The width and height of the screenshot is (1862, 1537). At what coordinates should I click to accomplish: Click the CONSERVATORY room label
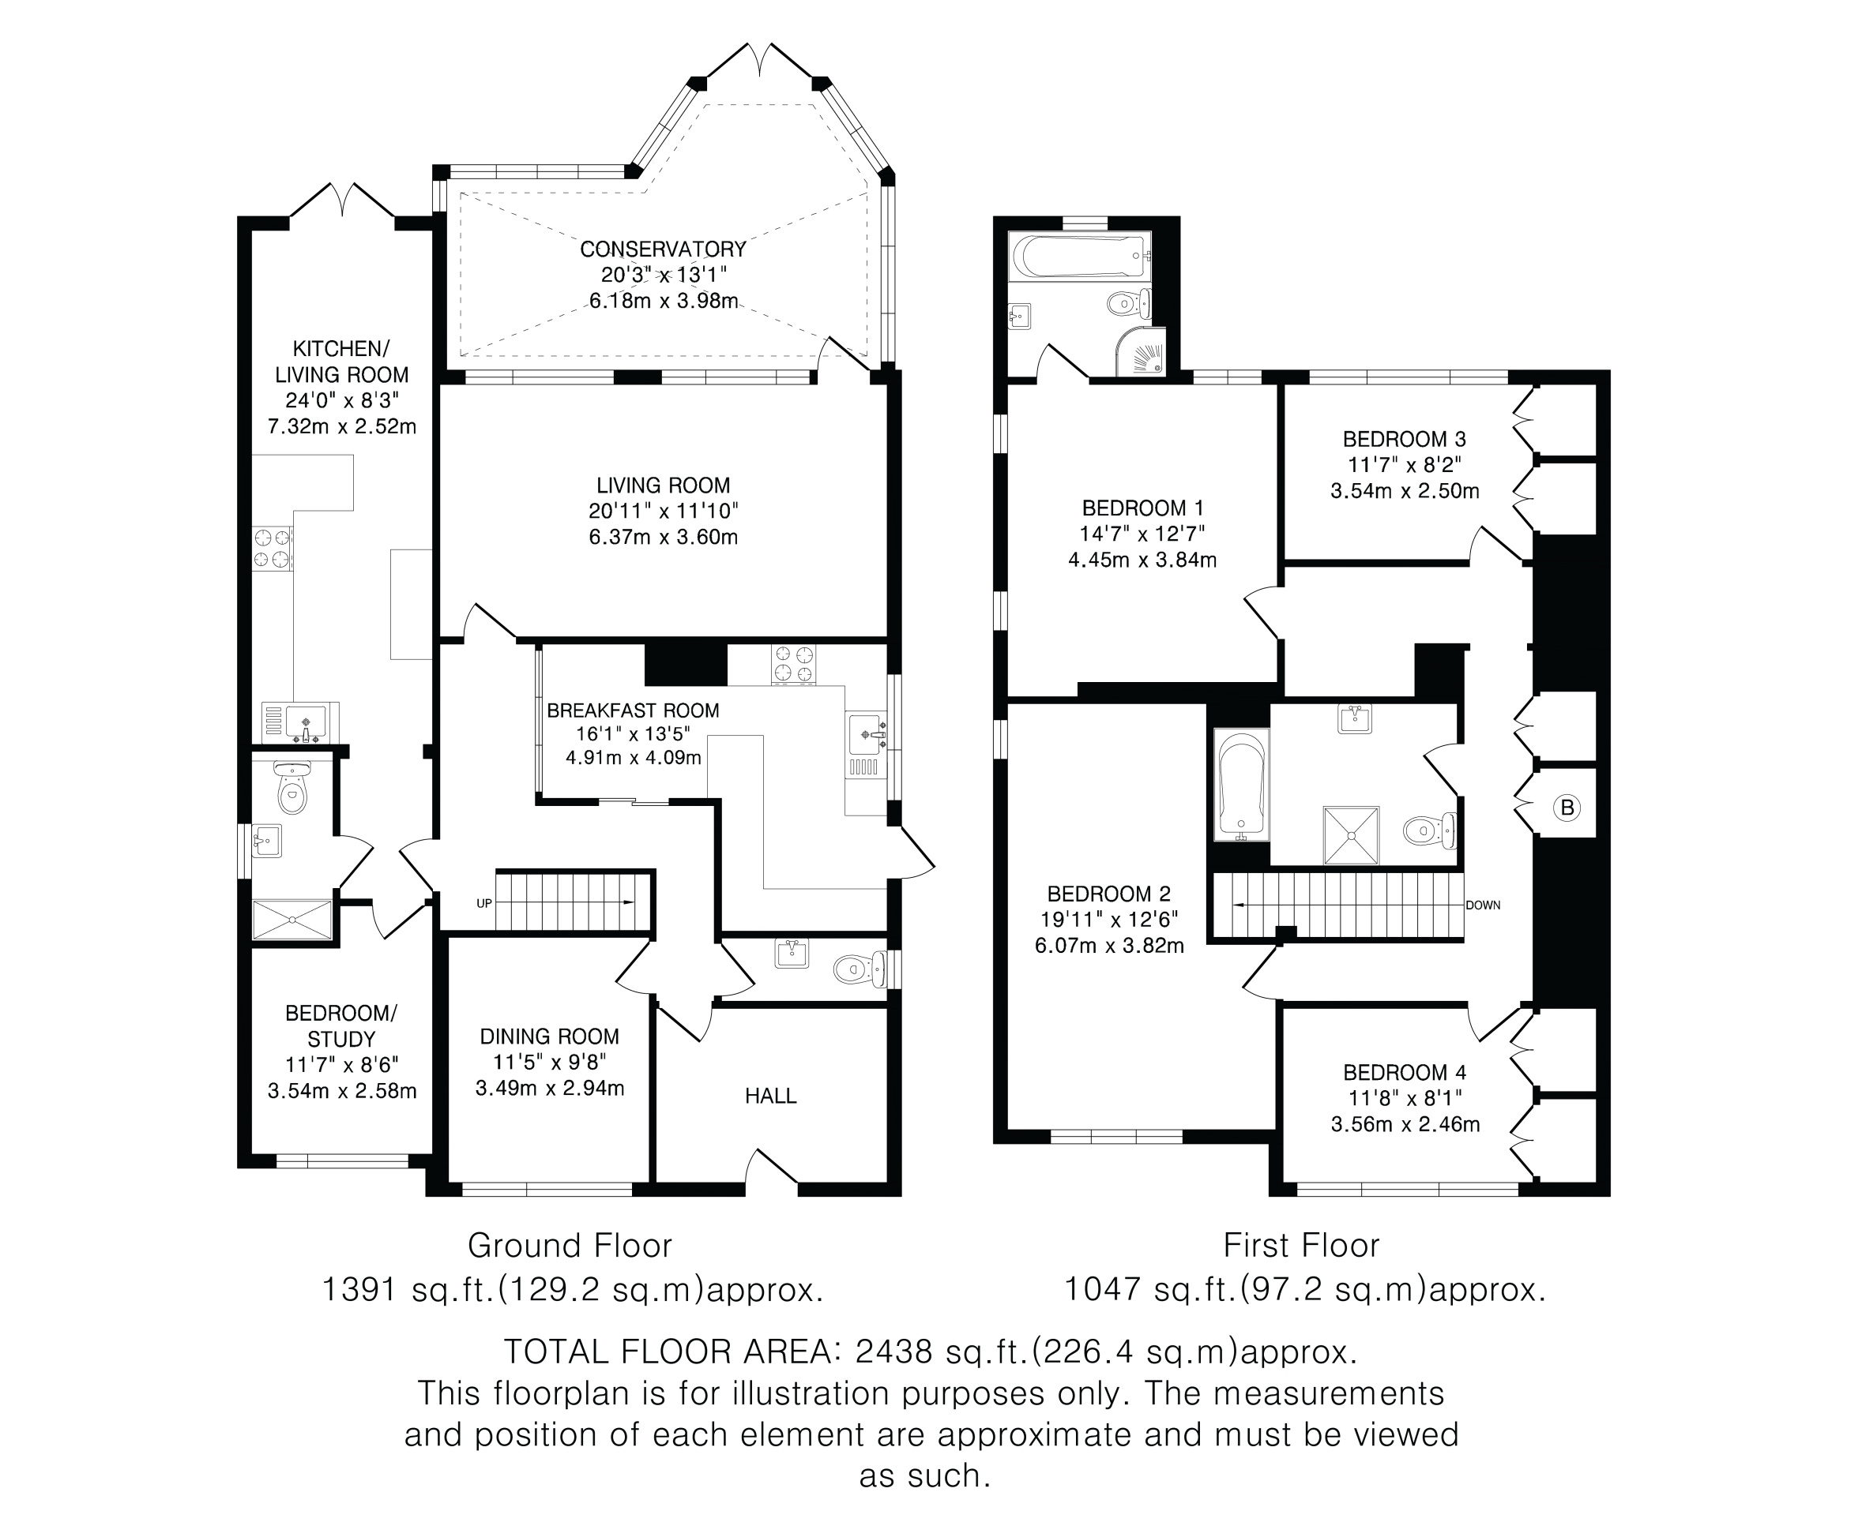[x=663, y=249]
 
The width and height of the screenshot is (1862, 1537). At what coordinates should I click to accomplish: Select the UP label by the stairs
[x=484, y=903]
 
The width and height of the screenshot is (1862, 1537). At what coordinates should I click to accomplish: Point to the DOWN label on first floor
[x=1483, y=905]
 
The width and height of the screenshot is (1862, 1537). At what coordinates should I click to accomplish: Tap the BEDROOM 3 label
[x=1404, y=439]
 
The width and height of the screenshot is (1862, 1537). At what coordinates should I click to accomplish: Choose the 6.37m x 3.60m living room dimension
[x=664, y=537]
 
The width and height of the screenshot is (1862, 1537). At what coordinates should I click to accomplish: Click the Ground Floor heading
[x=570, y=1246]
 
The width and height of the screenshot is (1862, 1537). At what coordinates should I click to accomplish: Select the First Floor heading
[x=1301, y=1246]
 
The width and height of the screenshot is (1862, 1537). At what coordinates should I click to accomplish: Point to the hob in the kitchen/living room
[x=272, y=547]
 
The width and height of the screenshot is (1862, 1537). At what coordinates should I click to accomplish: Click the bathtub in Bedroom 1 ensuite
[x=1080, y=256]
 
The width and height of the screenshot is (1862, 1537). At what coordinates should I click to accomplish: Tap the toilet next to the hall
[x=860, y=969]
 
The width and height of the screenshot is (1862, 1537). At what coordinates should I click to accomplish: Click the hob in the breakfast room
[x=794, y=664]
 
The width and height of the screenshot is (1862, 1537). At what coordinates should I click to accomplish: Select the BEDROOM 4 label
[x=1405, y=1073]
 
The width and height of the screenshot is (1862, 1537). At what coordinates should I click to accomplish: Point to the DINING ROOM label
[x=549, y=1037]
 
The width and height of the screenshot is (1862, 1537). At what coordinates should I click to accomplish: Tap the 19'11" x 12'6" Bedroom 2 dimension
[x=1109, y=920]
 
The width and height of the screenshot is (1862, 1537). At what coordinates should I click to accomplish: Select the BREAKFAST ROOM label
[x=633, y=710]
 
